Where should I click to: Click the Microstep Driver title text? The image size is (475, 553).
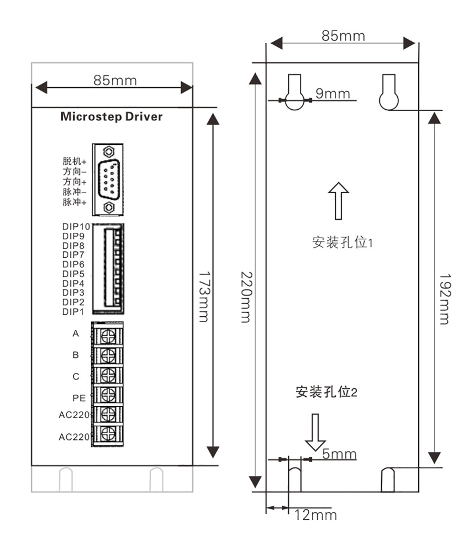point(111,117)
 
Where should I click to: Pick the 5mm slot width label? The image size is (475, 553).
point(339,454)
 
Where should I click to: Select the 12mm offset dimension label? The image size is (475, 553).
point(315,515)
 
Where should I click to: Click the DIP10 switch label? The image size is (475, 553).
point(76,226)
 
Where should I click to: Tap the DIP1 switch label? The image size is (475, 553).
point(74,312)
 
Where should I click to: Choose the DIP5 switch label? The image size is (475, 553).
point(74,274)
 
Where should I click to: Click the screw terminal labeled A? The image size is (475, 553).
point(108,334)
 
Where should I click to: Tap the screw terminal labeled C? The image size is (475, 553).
point(108,374)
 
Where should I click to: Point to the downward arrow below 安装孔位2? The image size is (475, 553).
point(315,432)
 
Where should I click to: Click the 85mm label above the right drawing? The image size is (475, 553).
point(343,36)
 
